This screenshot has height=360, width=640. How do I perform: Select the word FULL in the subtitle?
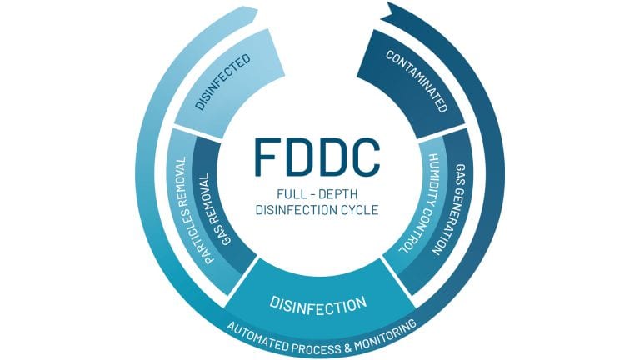coord(280,193)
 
